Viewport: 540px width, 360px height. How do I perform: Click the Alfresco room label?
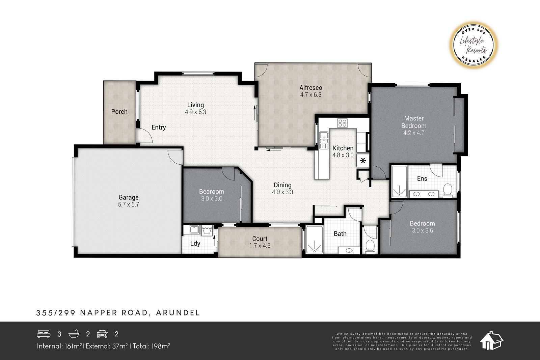click(311, 88)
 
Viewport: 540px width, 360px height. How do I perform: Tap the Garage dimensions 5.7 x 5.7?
click(129, 204)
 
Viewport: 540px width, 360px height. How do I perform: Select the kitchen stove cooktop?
click(342, 123)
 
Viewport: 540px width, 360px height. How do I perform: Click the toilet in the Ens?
click(448, 190)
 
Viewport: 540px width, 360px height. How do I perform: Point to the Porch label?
click(119, 112)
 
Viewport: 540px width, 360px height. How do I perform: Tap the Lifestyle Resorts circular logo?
click(474, 45)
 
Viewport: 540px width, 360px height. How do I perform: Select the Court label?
click(260, 239)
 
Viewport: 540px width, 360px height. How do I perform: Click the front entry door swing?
click(144, 136)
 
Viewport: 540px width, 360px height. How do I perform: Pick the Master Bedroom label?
click(414, 122)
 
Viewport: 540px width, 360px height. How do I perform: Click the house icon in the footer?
click(491, 341)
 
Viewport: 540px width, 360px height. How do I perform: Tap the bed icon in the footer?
click(44, 334)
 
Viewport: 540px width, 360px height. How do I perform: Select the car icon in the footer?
click(102, 334)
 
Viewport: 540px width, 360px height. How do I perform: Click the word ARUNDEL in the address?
click(178, 313)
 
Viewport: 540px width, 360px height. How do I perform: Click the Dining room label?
click(282, 185)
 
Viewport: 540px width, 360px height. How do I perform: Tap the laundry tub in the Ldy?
click(207, 230)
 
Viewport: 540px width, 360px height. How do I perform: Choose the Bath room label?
click(340, 233)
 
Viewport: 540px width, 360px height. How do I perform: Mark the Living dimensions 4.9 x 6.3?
click(195, 112)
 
